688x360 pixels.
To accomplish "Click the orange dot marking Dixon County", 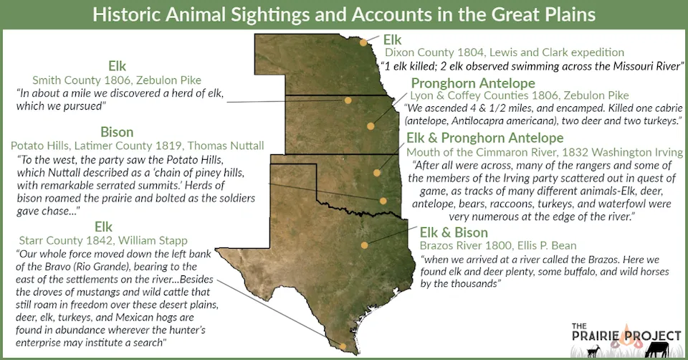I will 364,42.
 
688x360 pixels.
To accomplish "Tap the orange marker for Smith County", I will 348,100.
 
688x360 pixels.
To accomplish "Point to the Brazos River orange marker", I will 365,245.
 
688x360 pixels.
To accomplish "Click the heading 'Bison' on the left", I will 116,132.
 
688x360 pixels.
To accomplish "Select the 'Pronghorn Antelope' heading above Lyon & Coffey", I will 473,83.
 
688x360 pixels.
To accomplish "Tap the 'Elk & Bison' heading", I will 454,232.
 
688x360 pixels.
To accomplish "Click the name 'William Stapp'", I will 160,241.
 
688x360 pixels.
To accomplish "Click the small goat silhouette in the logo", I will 593,350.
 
